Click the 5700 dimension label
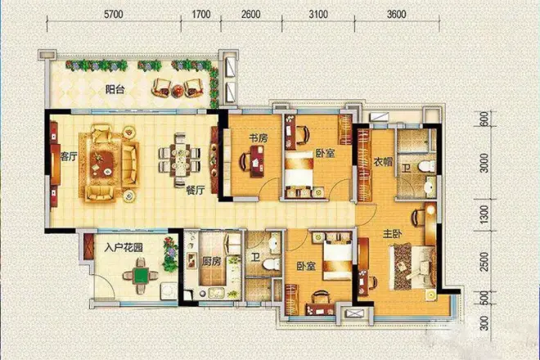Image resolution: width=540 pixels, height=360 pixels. pyautogui.click(x=113, y=15)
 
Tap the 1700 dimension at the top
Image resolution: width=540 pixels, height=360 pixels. pyautogui.click(x=201, y=15)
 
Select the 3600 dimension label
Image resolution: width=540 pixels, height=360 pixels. pyautogui.click(x=396, y=15)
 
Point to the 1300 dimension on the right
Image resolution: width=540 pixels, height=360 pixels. pyautogui.click(x=484, y=214)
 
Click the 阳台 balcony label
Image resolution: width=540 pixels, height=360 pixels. pyautogui.click(x=115, y=90)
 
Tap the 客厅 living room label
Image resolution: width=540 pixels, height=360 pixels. pyautogui.click(x=69, y=157)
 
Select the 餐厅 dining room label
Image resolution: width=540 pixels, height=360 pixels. pyautogui.click(x=196, y=190)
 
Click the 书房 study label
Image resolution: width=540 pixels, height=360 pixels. pyautogui.click(x=259, y=138)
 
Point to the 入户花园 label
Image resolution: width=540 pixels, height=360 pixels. pyautogui.click(x=124, y=247)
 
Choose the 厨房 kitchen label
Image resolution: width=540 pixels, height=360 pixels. pyautogui.click(x=211, y=262)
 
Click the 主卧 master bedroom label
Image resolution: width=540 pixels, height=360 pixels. pyautogui.click(x=393, y=235)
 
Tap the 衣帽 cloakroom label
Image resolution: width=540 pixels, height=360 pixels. pyautogui.click(x=383, y=161)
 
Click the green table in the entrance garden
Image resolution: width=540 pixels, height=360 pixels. pyautogui.click(x=141, y=276)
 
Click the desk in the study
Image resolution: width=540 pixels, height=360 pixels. pyautogui.click(x=257, y=161)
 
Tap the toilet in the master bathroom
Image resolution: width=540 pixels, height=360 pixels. pyautogui.click(x=427, y=167)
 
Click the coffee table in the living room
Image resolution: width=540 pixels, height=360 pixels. pyautogui.click(x=102, y=162)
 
